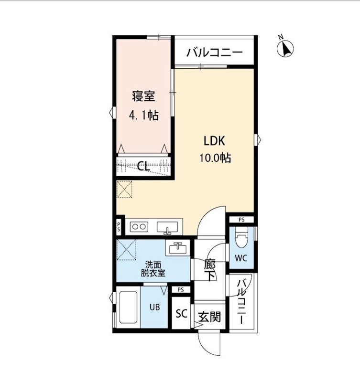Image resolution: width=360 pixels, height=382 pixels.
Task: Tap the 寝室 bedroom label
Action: [143, 96]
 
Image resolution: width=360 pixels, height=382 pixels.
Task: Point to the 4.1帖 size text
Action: [143, 115]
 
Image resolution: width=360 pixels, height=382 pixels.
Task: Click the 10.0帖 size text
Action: [215, 158]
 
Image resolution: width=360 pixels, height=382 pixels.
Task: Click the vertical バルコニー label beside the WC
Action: [242, 301]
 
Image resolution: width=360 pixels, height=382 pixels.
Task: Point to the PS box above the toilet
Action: [241, 220]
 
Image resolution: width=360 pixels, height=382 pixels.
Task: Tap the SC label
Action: [181, 314]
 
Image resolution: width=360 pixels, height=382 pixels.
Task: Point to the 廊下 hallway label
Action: [209, 270]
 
